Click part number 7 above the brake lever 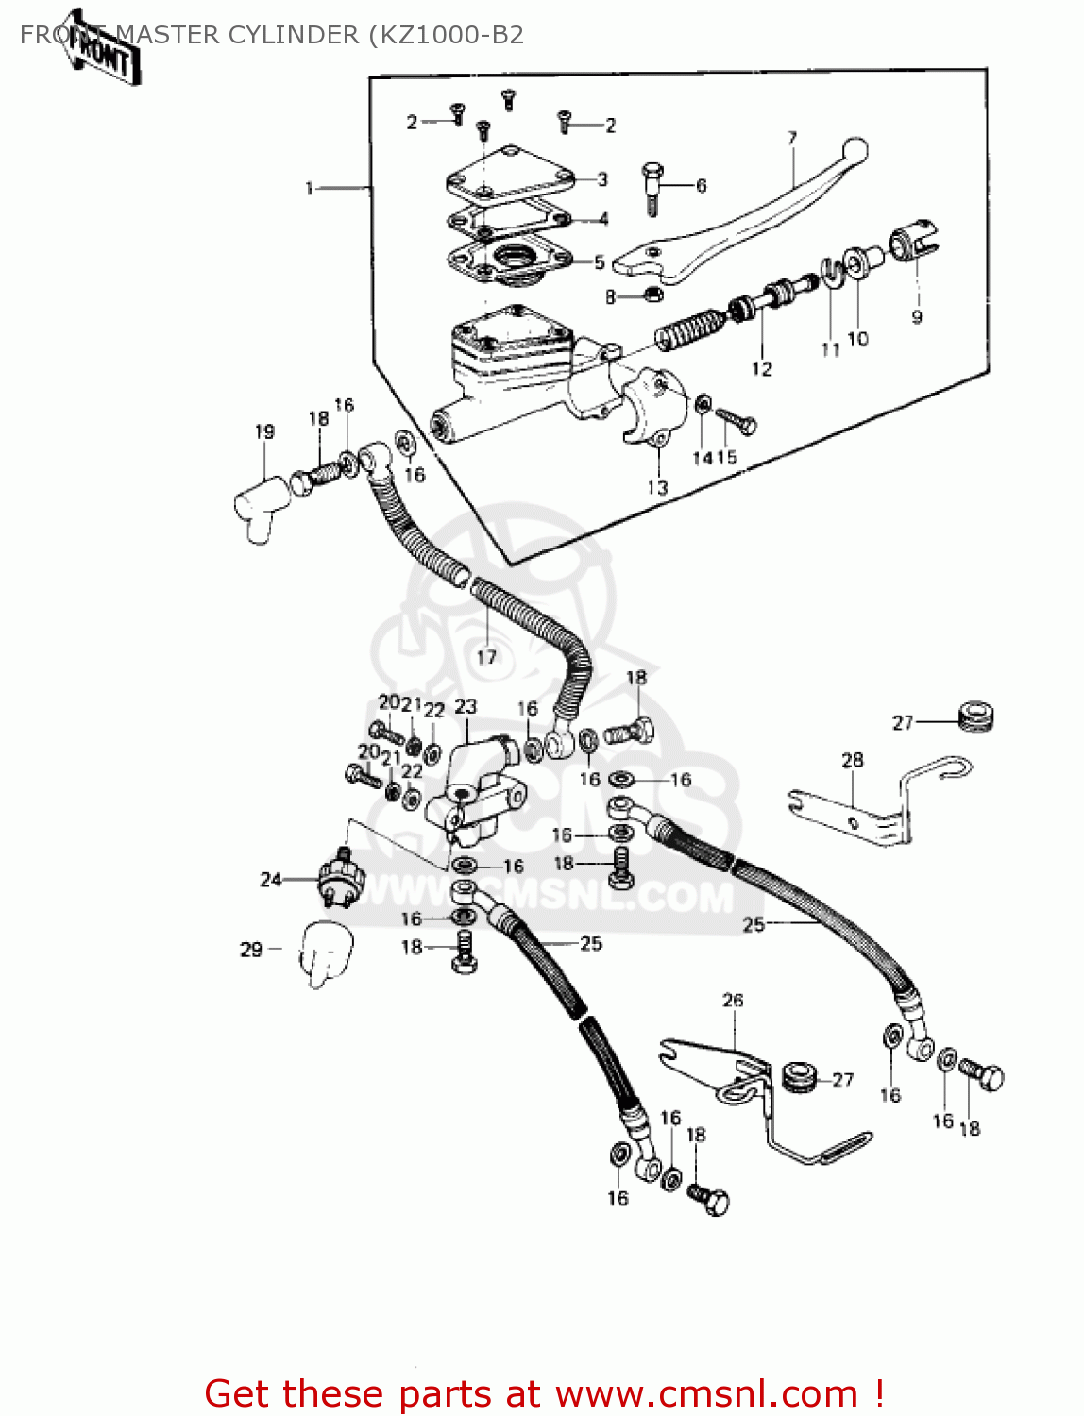[792, 138]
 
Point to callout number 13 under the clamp [657, 487]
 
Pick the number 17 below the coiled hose [486, 657]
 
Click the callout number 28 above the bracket [852, 760]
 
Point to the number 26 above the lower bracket [733, 1000]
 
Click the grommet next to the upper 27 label [976, 717]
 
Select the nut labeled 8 [652, 295]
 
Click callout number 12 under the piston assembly [761, 369]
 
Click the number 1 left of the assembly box [309, 189]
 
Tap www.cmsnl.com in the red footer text [706, 1393]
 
